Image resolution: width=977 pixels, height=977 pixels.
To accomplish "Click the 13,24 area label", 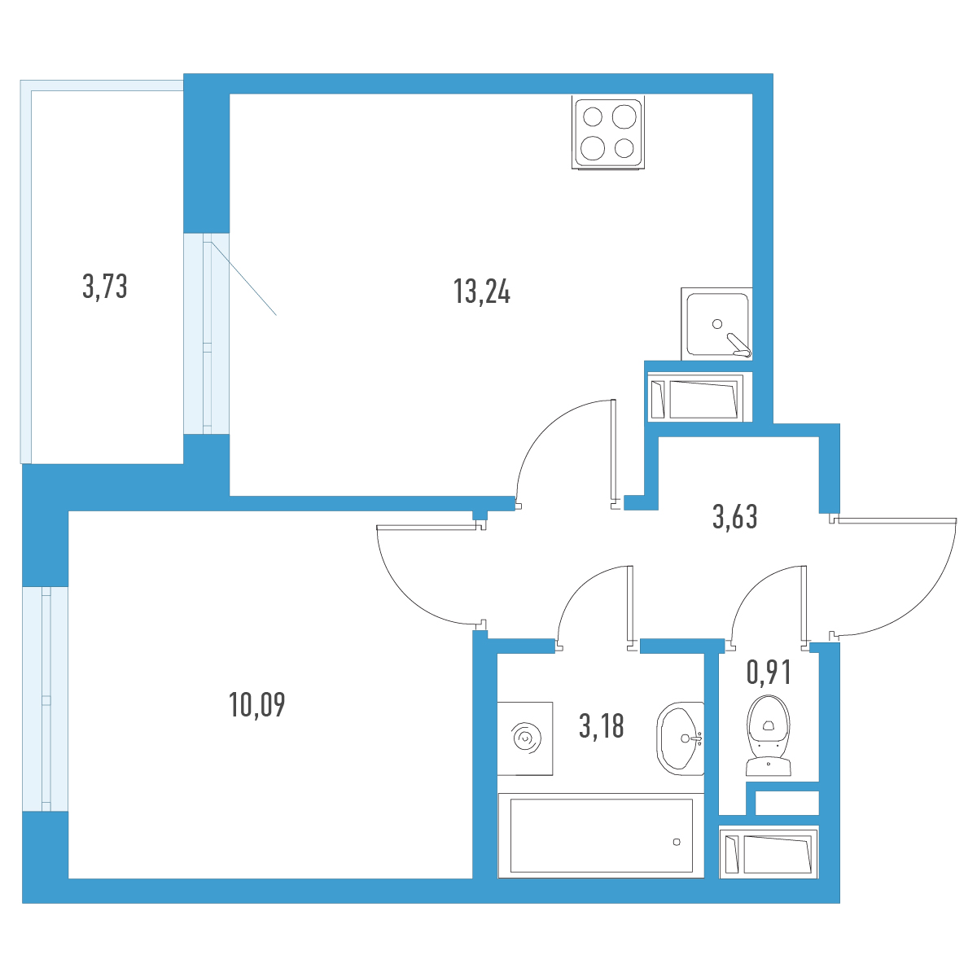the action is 481,291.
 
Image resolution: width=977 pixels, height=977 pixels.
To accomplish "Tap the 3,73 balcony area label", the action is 104,286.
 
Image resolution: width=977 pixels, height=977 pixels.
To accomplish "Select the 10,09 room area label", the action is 256,704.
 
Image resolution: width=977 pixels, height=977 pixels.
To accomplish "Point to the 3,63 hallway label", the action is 734,517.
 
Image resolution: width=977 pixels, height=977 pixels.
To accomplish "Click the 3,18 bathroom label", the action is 601,725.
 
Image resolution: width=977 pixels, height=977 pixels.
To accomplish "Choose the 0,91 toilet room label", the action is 768,673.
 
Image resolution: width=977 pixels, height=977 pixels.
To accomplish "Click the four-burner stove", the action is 608,133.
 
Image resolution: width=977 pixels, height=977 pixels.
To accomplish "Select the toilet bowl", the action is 768,735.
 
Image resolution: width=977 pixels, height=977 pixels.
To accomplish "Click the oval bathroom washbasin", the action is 680,738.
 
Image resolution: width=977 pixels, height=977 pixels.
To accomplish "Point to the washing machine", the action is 525,738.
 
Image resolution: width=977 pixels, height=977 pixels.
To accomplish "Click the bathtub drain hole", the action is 677,842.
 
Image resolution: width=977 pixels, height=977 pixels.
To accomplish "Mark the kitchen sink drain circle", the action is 717,323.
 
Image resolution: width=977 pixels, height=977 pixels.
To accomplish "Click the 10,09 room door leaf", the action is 427,528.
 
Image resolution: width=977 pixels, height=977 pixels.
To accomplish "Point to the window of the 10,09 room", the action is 46,699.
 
